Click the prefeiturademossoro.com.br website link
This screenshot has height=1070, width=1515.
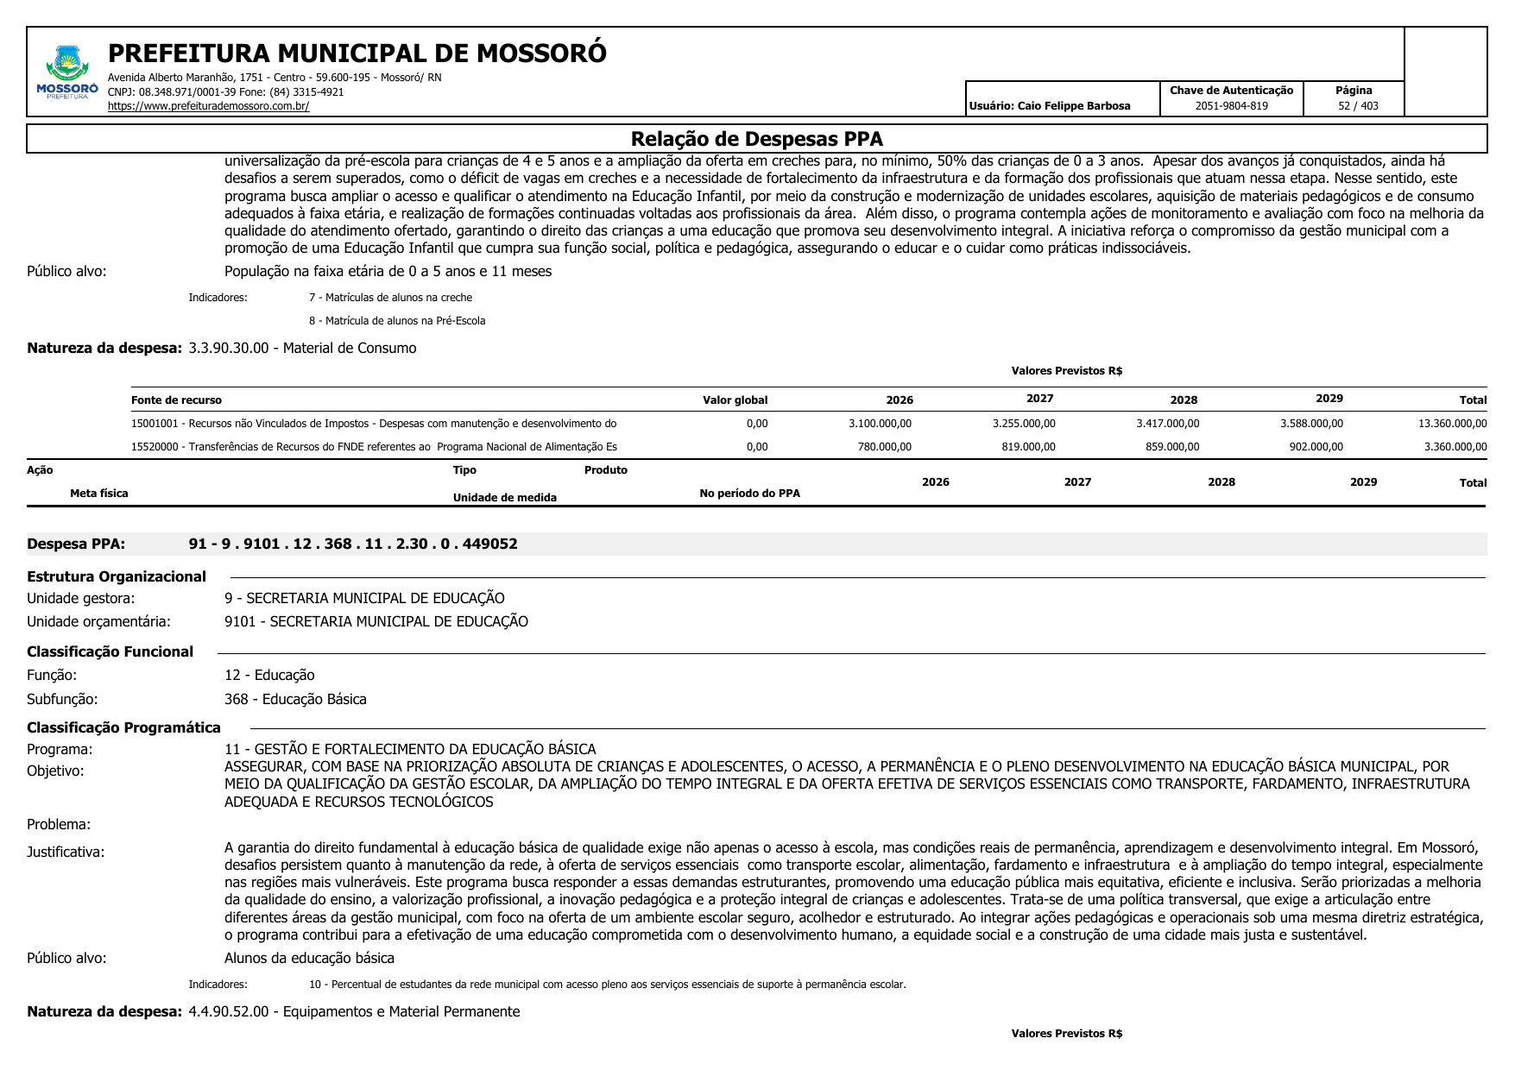click(x=208, y=106)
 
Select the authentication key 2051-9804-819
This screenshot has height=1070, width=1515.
click(x=1231, y=106)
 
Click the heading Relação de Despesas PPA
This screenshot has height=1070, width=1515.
click(x=756, y=139)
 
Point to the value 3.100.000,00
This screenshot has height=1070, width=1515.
click(x=880, y=424)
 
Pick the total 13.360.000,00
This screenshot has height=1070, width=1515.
click(x=1452, y=424)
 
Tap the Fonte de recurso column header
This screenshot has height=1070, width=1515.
click(x=176, y=400)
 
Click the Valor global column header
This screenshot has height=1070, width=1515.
click(x=735, y=400)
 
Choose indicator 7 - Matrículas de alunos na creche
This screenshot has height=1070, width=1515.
click(x=390, y=298)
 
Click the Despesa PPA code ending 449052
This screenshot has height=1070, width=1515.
click(x=353, y=544)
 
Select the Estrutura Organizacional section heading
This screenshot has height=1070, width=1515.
click(x=117, y=576)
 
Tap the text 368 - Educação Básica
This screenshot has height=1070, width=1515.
click(x=295, y=699)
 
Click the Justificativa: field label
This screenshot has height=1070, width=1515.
click(x=66, y=852)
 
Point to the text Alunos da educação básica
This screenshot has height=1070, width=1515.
click(x=309, y=958)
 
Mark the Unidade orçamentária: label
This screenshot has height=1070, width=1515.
click(x=98, y=621)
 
